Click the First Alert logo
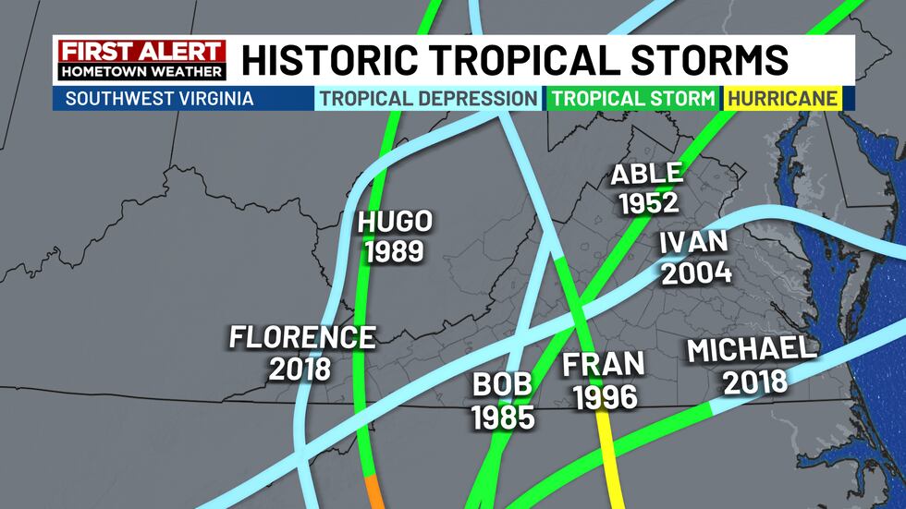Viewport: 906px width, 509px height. click(140, 59)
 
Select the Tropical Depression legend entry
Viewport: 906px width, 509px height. click(428, 98)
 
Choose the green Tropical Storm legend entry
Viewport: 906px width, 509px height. click(632, 98)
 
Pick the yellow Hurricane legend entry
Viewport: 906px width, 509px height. click(782, 98)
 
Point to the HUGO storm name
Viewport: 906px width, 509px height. click(396, 223)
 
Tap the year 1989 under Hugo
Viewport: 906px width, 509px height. click(395, 250)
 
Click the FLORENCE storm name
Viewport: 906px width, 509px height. click(302, 338)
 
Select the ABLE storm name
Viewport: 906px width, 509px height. click(646, 174)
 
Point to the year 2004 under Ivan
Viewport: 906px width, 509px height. click(696, 273)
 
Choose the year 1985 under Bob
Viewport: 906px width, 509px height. click(503, 417)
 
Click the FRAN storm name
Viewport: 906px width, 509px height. click(604, 365)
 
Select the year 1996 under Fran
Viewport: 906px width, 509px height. click(605, 396)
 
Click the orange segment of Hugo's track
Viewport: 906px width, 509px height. click(373, 492)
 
